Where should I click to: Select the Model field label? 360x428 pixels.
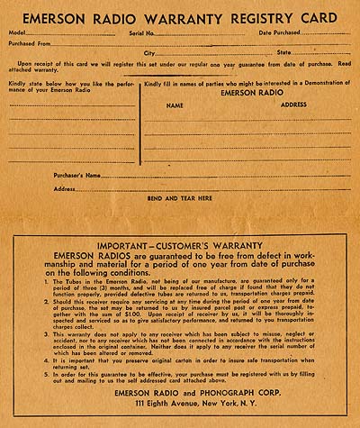19,32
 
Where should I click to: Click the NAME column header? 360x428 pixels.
175,105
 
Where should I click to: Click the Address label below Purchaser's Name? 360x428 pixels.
64,188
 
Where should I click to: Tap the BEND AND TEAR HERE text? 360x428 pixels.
180,197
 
